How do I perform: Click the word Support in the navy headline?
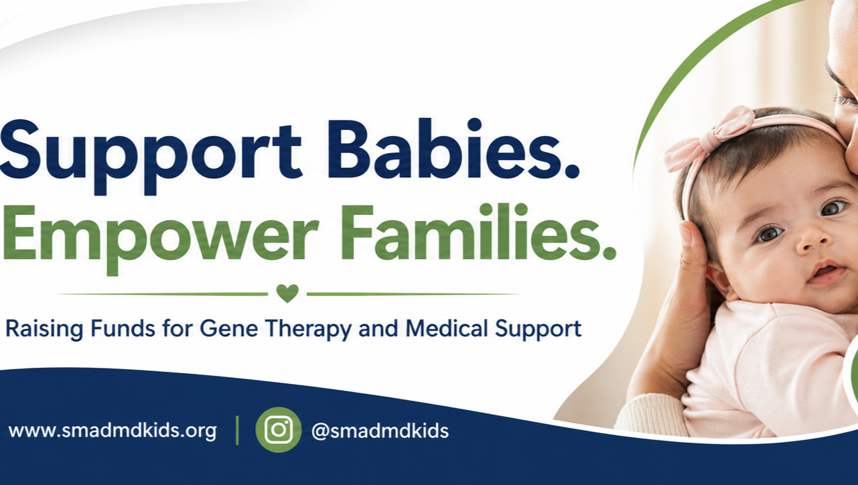[151, 156]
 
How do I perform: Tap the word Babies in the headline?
[440, 149]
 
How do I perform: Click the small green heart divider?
[287, 293]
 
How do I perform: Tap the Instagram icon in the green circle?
[279, 430]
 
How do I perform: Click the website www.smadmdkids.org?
[113, 431]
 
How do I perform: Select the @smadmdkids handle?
[380, 431]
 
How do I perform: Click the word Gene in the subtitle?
[228, 329]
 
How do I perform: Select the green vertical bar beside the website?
[238, 430]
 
